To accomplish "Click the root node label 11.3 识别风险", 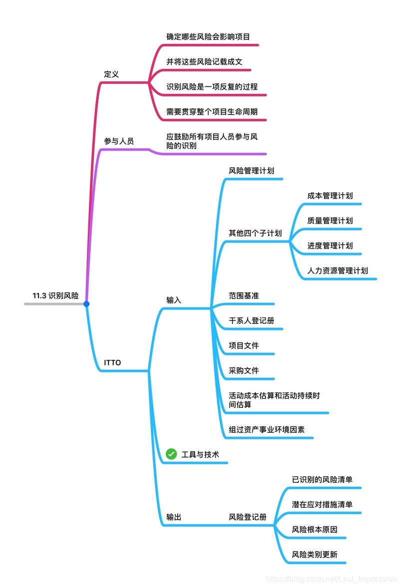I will point(55,295).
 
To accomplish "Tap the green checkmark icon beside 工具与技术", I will point(171,454).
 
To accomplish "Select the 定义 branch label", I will point(111,74).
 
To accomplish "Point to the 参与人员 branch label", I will point(119,141).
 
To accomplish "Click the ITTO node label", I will point(112,362).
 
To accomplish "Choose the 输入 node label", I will point(174,300).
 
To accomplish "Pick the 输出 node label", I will point(174,517).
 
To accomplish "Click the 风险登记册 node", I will point(248,517).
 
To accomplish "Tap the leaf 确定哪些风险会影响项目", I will point(208,36).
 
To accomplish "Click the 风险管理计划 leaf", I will point(251,170).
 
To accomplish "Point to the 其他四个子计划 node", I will point(255,233).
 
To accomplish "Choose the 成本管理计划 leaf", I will point(330,195).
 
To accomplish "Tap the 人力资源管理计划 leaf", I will point(338,270).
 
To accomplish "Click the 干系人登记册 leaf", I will point(251,320).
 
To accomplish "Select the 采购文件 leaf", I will point(244,370).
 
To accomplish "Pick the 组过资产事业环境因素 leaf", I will point(267,429).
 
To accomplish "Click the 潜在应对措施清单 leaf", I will point(322,504).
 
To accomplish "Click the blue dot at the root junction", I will point(86,304).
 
